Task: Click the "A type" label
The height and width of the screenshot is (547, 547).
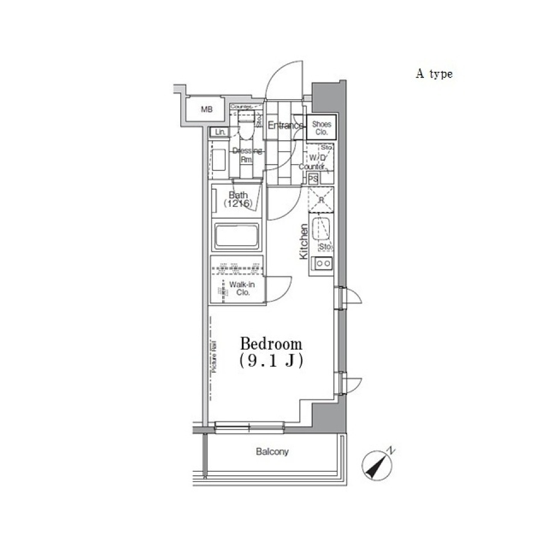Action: [x=434, y=74]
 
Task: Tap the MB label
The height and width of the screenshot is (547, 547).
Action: [x=206, y=109]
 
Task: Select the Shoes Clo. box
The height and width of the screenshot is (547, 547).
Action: [x=321, y=127]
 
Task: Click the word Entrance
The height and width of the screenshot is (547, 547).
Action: [x=285, y=125]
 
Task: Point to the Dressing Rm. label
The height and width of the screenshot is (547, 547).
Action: [x=247, y=154]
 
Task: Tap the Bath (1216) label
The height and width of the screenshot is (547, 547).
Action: [x=237, y=199]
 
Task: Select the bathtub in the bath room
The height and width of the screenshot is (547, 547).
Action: [x=236, y=235]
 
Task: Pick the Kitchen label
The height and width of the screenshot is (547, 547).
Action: [x=304, y=242]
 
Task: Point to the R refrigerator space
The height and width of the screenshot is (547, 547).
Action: [x=321, y=200]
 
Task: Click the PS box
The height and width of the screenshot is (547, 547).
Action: [x=313, y=178]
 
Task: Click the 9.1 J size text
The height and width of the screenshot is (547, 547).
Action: [x=271, y=361]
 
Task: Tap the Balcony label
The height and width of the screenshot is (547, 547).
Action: [x=272, y=452]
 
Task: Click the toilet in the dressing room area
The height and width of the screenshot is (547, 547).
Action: [x=245, y=129]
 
